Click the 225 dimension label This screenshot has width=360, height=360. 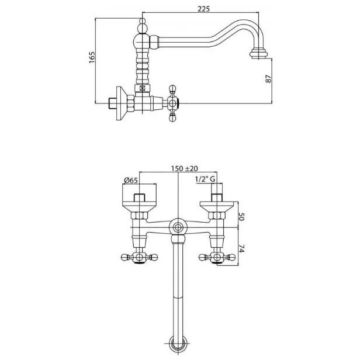click(203, 9)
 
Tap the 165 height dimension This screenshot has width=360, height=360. click(92, 58)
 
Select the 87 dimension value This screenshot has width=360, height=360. click(268, 79)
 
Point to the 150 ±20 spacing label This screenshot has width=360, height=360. click(184, 168)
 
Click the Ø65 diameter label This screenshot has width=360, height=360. click(131, 180)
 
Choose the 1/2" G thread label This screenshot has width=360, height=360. click(205, 179)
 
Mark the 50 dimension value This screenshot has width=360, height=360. click(241, 216)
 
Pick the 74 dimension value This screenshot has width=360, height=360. click(241, 248)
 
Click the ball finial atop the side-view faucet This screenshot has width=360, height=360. click(143, 26)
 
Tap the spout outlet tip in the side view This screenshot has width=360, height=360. click(259, 53)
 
